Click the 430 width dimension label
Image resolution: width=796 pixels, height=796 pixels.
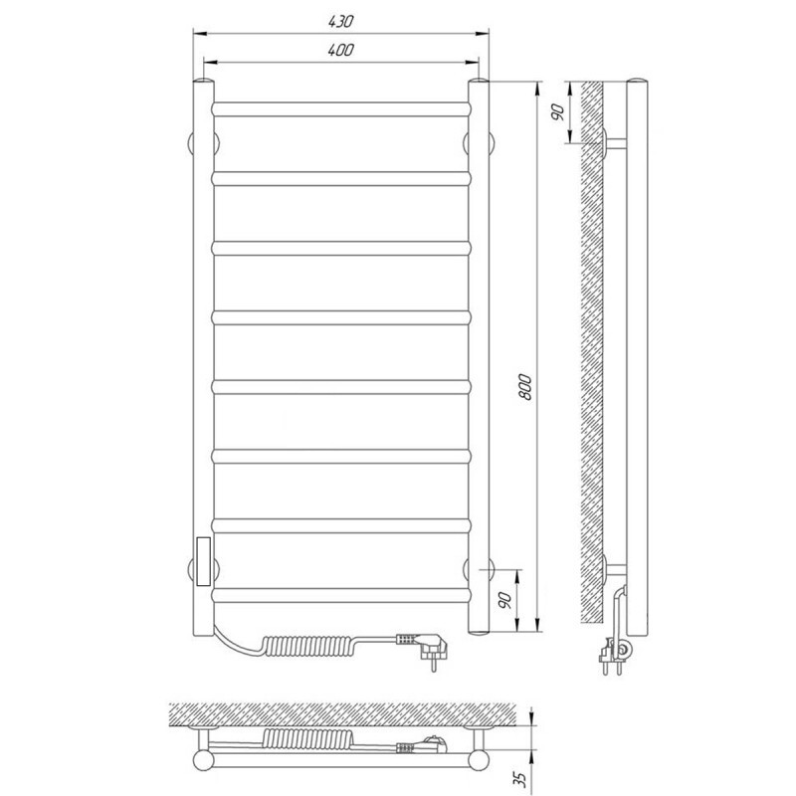340,21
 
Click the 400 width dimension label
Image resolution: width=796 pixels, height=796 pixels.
340,50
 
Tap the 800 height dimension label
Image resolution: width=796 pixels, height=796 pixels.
526,387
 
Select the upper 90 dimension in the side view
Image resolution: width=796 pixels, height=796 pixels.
557,111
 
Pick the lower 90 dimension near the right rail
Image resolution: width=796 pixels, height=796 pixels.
504,600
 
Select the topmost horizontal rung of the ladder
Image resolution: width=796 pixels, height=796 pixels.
341,109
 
